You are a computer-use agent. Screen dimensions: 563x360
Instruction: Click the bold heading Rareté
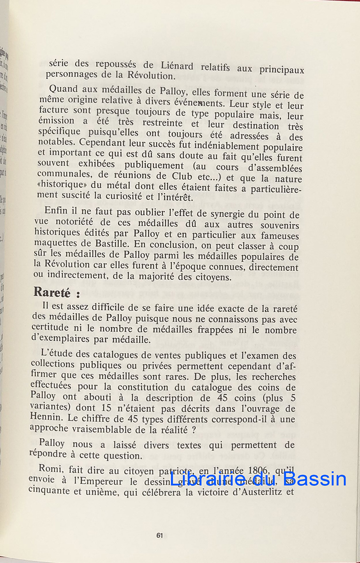click(52, 292)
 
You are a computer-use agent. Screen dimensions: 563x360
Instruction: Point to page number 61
click(160, 535)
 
